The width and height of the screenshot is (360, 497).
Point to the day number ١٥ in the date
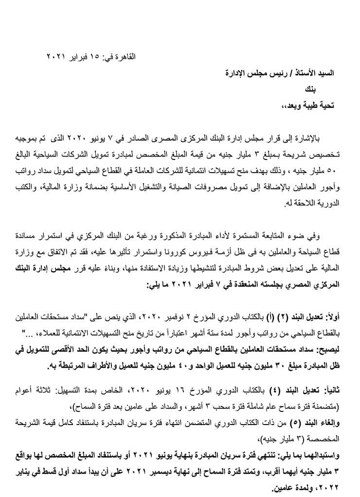[94, 57]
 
